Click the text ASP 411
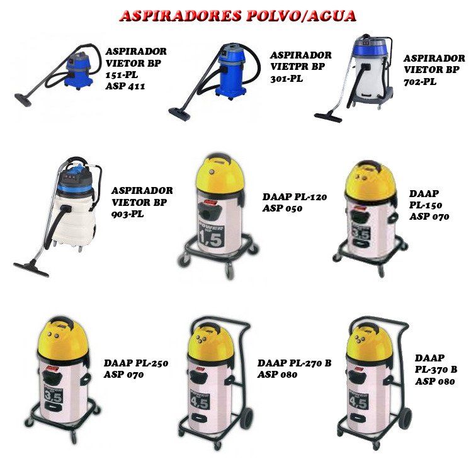click(x=125, y=86)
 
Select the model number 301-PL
click(x=287, y=79)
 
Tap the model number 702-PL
click(x=420, y=81)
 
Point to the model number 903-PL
click(x=128, y=214)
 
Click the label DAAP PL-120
click(x=295, y=197)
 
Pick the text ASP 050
click(x=282, y=208)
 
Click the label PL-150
click(x=426, y=205)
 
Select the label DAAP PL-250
click(x=136, y=363)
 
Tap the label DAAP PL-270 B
click(x=295, y=363)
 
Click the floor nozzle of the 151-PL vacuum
click(x=23, y=99)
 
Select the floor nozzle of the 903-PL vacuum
click(x=31, y=269)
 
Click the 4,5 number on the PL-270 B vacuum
click(x=200, y=402)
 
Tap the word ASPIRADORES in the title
click(x=181, y=16)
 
